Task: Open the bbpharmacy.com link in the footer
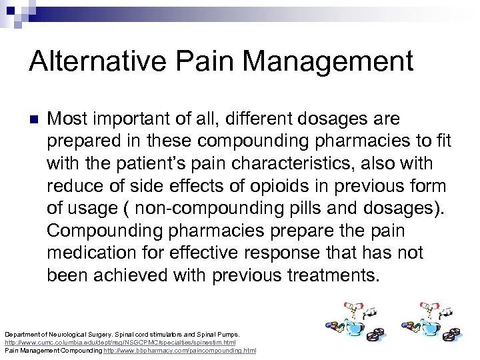click(180, 350)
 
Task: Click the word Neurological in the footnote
click(67, 334)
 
